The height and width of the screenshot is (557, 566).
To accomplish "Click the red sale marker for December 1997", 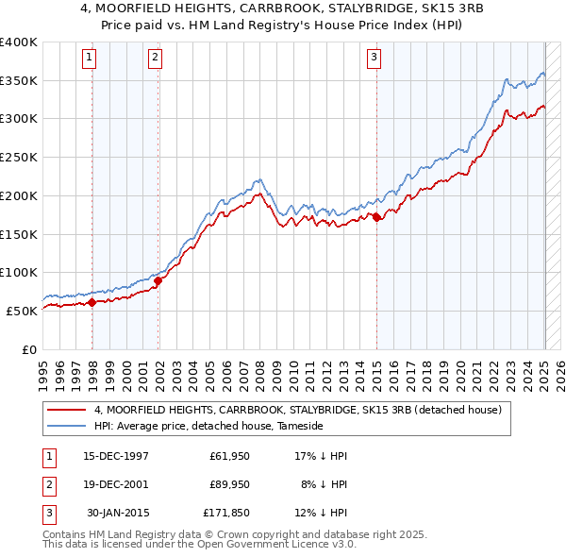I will [92, 302].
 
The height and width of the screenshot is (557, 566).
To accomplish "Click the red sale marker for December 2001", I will [158, 280].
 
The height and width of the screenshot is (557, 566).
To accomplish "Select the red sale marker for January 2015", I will [376, 217].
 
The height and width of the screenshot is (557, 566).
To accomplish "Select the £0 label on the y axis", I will [29, 349].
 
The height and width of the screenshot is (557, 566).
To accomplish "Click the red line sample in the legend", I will [68, 410].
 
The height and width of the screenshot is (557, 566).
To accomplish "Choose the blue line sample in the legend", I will [68, 426].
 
